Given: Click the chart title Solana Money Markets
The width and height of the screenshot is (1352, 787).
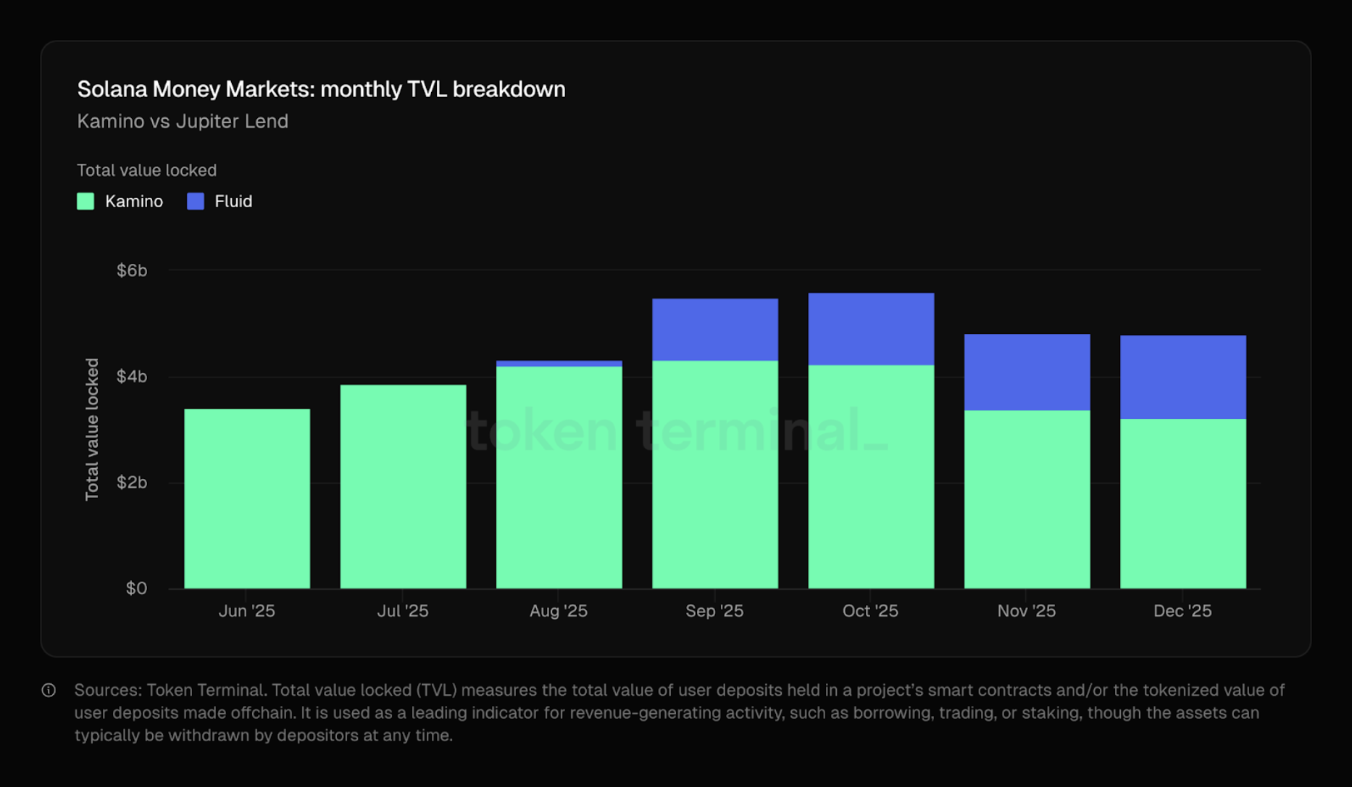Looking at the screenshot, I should (321, 89).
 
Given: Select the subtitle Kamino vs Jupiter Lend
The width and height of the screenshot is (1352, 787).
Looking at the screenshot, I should (183, 121).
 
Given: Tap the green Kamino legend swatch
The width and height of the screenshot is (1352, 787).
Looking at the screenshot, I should (85, 201).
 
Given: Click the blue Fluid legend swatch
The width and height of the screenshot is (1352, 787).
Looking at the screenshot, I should (196, 201).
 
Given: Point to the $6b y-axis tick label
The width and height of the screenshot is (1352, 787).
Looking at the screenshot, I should (132, 270).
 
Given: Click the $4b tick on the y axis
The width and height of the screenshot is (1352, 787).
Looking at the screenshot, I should (132, 376).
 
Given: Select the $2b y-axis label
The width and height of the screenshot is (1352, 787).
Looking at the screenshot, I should (132, 483).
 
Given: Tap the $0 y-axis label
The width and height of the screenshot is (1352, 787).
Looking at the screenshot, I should (136, 588).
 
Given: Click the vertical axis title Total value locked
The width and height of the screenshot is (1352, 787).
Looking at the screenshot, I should (92, 429).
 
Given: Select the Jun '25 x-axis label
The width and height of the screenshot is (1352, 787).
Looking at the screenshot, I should (246, 611).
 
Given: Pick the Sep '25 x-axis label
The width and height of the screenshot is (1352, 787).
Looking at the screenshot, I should (714, 611).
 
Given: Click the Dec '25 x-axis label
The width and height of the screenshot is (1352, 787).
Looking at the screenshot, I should (1182, 611).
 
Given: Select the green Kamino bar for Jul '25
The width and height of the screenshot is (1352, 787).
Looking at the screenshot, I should (403, 486).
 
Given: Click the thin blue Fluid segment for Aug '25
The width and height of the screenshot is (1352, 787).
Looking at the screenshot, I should (559, 364).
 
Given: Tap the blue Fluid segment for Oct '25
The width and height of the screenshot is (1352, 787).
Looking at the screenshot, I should (871, 329).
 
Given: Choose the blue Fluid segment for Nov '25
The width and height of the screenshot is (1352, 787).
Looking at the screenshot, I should (1027, 372).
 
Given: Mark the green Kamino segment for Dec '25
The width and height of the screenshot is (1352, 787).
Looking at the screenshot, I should (1182, 504).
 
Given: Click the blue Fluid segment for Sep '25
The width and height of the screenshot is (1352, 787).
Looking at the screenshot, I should (714, 330).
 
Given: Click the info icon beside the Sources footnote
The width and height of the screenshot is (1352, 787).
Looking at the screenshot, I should (49, 690).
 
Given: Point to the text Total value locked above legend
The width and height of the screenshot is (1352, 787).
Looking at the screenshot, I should (146, 170).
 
